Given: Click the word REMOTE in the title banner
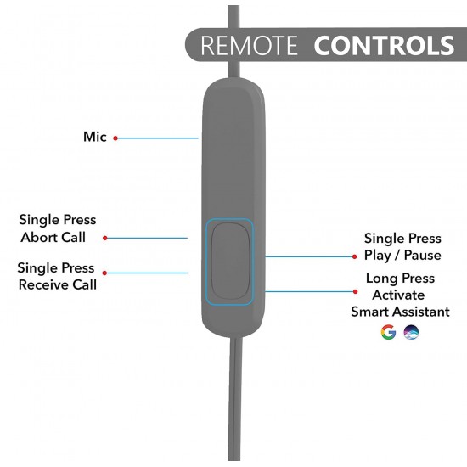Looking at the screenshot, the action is (249, 45).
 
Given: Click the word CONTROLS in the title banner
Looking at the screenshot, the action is (384, 45).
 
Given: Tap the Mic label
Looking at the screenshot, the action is (95, 137).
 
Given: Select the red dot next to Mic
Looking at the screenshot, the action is (115, 138).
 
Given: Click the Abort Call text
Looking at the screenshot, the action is (53, 237).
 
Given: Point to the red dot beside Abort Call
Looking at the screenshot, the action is (104, 238).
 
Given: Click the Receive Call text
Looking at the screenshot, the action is (58, 284).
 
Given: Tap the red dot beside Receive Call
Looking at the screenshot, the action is (104, 273).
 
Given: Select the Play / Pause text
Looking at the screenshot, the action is (402, 256).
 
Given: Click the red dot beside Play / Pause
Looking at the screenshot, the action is (354, 256).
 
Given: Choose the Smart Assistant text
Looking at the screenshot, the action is (400, 312).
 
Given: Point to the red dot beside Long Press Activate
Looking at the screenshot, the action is (355, 291).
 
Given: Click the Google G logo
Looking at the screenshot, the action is (388, 332).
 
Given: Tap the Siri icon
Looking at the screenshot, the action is (411, 332).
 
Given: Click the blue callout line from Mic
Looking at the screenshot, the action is (158, 138).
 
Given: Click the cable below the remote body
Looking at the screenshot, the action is (235, 399).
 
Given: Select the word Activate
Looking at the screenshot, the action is (398, 295).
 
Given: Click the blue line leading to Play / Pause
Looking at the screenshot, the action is (309, 256).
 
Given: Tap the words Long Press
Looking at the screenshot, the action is (400, 279).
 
